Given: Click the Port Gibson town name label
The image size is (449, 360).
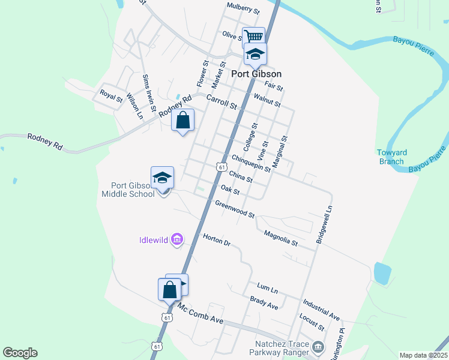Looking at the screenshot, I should tap(256, 74).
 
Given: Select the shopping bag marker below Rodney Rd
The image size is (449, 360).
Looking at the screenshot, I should tap(183, 120).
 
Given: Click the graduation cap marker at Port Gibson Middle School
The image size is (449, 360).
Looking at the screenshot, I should tap(162, 178).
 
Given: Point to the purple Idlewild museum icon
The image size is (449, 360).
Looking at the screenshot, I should tap(176, 240).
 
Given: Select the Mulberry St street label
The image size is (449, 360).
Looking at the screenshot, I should tap(243, 8).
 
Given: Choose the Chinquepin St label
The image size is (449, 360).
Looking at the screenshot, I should tap(251, 163).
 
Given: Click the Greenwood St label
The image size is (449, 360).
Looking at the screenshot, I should tap(235, 210).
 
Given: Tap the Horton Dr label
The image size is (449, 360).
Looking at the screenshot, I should tap(217, 240).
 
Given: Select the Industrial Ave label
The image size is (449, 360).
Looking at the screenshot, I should tap(321, 308).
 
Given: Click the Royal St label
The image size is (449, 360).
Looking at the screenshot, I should tap(112, 95).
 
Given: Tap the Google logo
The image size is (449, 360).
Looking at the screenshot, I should tap(20, 353).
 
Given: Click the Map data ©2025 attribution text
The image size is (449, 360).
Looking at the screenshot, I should tap(423, 355).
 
